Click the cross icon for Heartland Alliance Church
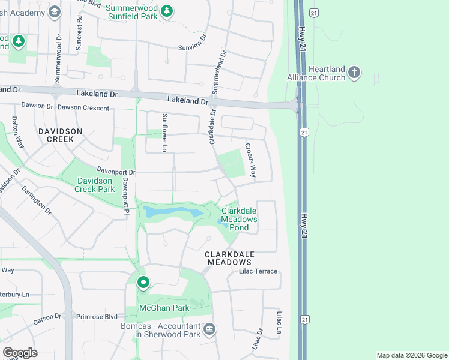pyautogui.click(x=354, y=73)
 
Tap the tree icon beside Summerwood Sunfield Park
pyautogui.click(x=167, y=10)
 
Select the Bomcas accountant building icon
pyautogui.click(x=209, y=328)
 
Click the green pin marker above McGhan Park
pyautogui.click(x=143, y=281)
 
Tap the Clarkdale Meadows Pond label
pyautogui.click(x=240, y=219)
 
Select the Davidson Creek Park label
pyautogui.click(x=94, y=185)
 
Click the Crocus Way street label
pyautogui.click(x=250, y=160)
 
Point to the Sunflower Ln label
pyautogui.click(x=163, y=132)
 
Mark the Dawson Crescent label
pyautogui.click(x=83, y=108)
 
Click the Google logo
pyautogui.click(x=20, y=353)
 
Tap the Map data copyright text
pyautogui.click(x=411, y=355)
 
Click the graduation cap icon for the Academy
pyautogui.click(x=55, y=11)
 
